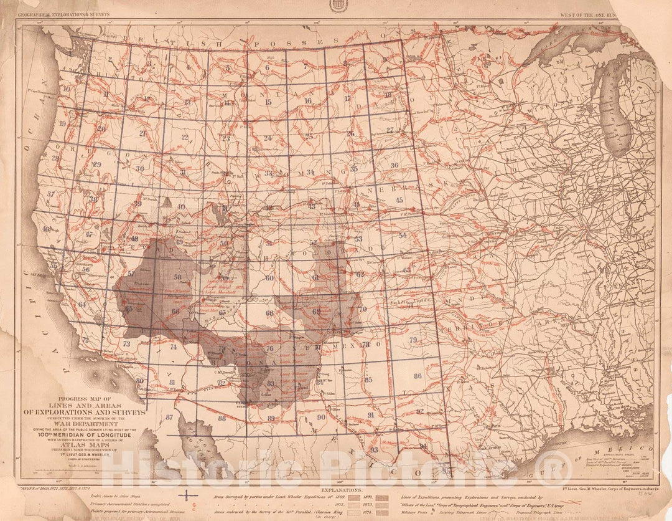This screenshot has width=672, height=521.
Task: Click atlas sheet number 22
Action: (184, 136)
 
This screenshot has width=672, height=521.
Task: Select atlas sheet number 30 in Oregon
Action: (139, 168)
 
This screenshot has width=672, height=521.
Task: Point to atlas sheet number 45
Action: (399, 200)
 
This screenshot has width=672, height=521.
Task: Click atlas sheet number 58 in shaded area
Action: (178, 277)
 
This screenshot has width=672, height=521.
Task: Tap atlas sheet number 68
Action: (269, 313)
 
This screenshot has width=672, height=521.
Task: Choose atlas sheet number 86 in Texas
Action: (418, 376)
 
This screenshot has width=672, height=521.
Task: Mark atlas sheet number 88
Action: (222, 418)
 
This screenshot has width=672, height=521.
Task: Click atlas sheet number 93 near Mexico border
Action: (374, 449)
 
